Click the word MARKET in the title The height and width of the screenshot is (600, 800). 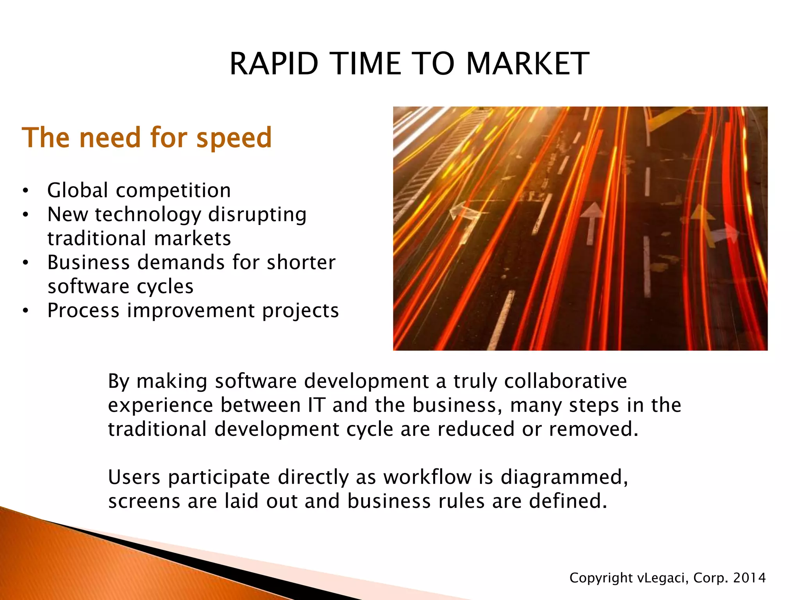pos(527,64)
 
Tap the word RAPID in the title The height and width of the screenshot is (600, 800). pos(274,64)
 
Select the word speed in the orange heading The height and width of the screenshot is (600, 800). pos(234,138)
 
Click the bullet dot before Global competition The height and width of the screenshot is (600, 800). pos(25,191)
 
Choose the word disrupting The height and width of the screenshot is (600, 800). pos(257,215)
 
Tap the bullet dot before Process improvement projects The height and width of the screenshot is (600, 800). pos(25,311)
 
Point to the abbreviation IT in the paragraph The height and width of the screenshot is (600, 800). pos(316,405)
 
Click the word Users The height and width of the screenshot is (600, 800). pos(134,477)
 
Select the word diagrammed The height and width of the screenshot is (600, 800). pos(564,478)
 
